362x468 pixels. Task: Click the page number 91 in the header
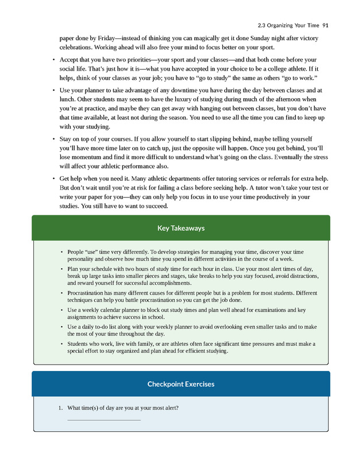[x=326, y=25]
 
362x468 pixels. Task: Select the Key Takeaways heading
[x=181, y=228]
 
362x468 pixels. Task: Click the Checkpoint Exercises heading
[x=181, y=384]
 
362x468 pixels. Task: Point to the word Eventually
[x=279, y=158]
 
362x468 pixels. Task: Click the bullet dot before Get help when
[x=53, y=179]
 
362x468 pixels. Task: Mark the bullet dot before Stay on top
[x=53, y=139]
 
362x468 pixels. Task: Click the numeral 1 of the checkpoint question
[x=59, y=408]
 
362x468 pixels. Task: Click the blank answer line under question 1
[x=103, y=420]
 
